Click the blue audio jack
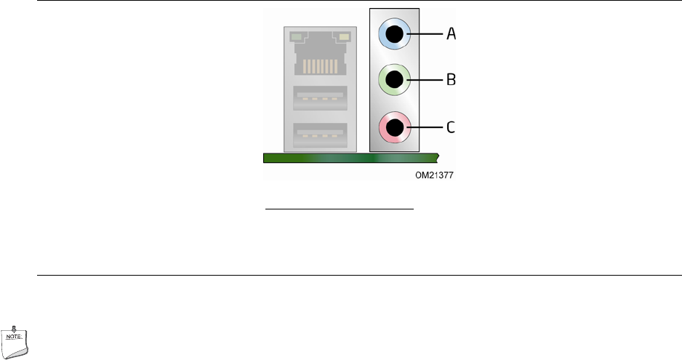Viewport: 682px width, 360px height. coord(395,33)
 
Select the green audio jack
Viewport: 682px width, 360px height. coord(395,79)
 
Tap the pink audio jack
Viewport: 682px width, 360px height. coord(395,128)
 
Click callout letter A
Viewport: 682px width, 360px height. coord(451,33)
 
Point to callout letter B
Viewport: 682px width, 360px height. coord(451,79)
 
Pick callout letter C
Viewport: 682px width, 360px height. coord(451,128)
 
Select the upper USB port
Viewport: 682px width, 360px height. coord(320,97)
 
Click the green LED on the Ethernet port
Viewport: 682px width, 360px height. coord(296,36)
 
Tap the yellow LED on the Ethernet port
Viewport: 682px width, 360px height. coord(344,36)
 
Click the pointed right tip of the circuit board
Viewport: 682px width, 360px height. coord(438,155)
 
